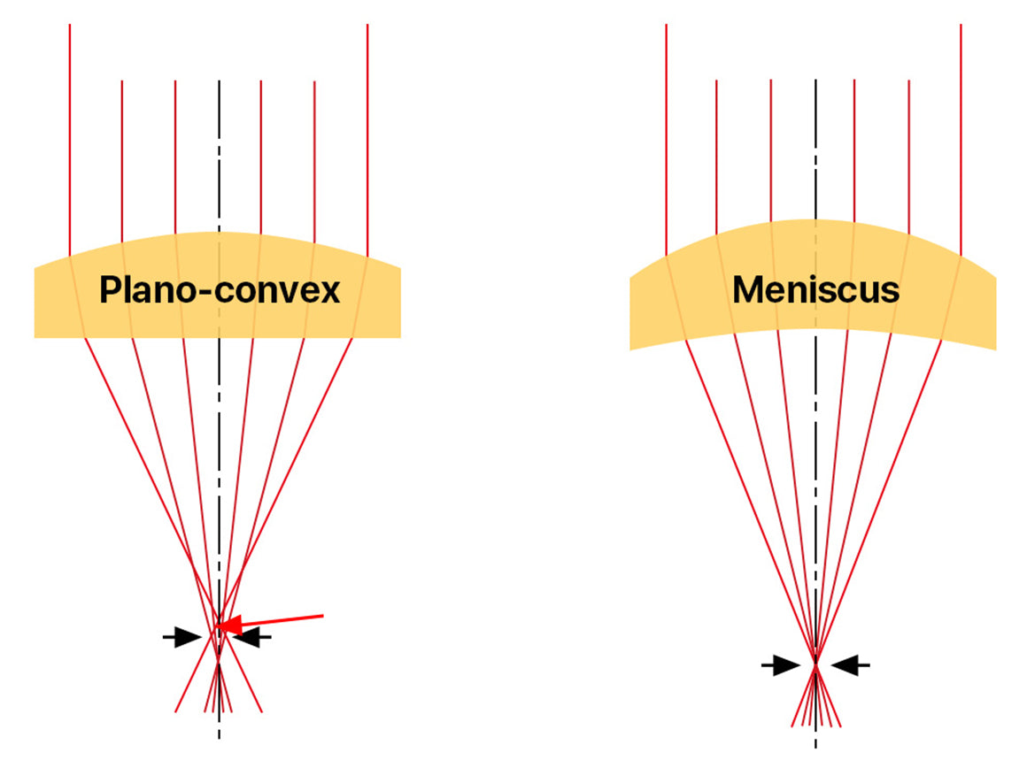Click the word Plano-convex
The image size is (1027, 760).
pos(219,290)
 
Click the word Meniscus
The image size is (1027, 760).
pos(815,290)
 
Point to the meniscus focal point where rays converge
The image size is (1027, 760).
pos(815,664)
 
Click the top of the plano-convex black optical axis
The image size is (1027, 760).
pos(219,81)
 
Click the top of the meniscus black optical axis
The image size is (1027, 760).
pos(815,81)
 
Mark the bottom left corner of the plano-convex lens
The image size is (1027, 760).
pos(35,337)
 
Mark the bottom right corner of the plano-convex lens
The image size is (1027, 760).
pos(400,337)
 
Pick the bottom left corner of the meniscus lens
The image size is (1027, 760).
pos(630,349)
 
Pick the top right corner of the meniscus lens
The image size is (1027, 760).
pos(996,275)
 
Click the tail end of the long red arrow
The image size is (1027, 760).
pos(324,614)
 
